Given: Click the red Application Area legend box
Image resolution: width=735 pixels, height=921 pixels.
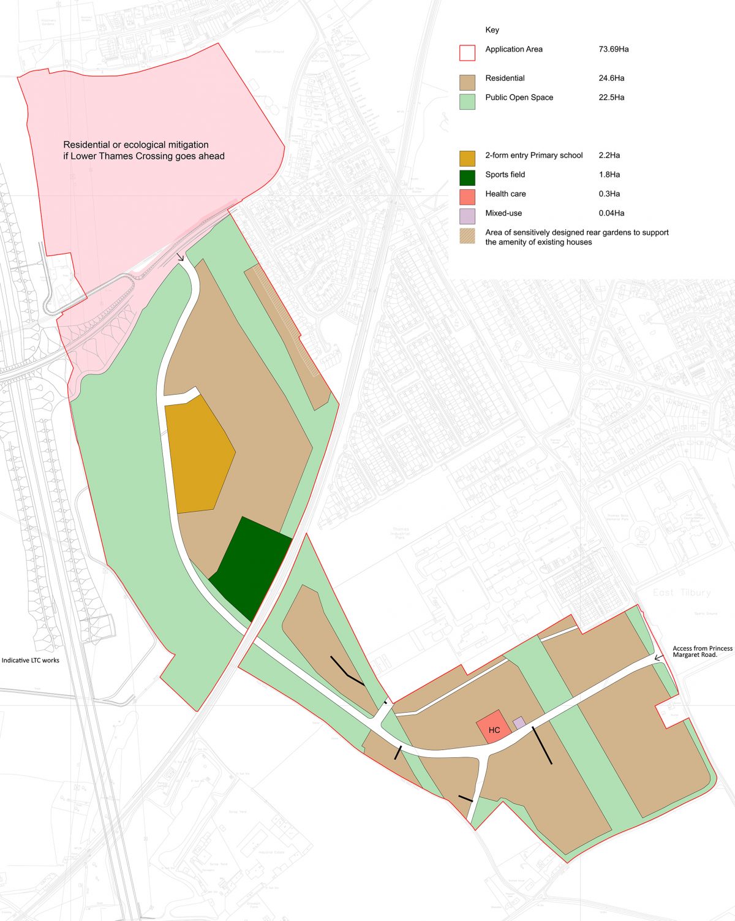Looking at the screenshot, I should pos(467,53).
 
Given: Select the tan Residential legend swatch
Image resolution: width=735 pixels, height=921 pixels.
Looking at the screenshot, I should pos(467,82).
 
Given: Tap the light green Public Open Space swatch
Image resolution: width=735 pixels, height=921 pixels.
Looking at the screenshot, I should pos(467,101).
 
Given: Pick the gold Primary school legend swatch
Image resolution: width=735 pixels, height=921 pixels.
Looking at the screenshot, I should pos(467,159).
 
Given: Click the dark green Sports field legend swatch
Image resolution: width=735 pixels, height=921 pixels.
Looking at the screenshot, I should pos(467,178).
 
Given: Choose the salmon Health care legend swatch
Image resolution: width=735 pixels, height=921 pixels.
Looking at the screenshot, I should pos(467,197).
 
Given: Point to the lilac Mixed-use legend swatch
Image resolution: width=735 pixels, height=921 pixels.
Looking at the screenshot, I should pos(467,216).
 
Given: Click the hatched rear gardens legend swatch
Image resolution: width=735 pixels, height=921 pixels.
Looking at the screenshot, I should pos(467,236).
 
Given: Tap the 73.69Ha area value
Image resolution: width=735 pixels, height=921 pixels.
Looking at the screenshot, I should pos(613,49).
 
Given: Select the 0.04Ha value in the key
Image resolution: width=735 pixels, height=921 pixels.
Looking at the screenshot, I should pos(611,213).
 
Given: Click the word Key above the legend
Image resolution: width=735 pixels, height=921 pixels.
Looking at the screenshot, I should pos(492,30).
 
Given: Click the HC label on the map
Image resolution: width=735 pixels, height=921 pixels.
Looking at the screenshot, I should pos(494,730).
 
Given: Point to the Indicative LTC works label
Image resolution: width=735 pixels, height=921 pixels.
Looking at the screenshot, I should pos(31,661).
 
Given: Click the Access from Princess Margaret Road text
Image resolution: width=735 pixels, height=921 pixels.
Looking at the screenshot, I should pos(702,651).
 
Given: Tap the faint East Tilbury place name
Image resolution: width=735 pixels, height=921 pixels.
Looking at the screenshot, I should pos(681,593).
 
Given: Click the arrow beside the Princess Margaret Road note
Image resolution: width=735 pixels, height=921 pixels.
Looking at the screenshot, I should pos(658,658).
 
